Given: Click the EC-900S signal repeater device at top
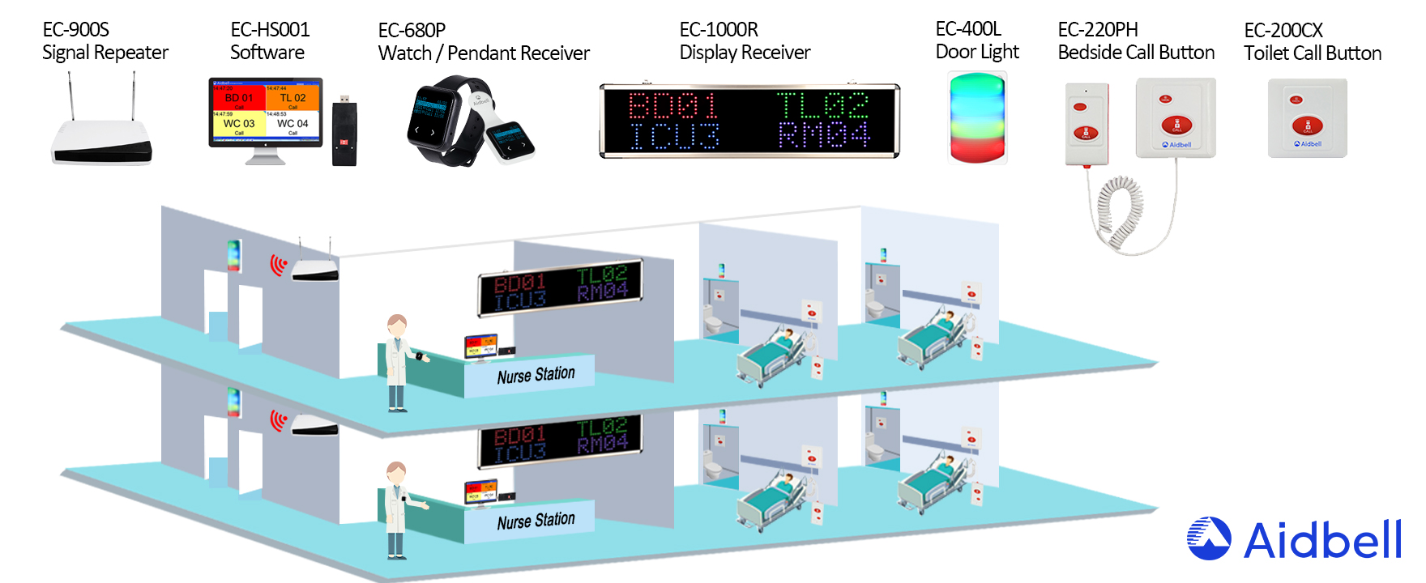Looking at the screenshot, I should pyautogui.click(x=102, y=138).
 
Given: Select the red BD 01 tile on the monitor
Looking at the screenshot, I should pyautogui.click(x=239, y=98).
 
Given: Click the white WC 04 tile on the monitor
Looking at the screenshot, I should pyautogui.click(x=292, y=124).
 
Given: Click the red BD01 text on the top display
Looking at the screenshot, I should pyautogui.click(x=673, y=105).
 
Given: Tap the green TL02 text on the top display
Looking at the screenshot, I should pyautogui.click(x=822, y=105).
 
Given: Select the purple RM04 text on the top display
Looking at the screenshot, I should pyautogui.click(x=823, y=135).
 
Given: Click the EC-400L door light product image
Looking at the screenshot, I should pyautogui.click(x=977, y=118).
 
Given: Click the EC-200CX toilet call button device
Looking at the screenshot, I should pyautogui.click(x=1307, y=118).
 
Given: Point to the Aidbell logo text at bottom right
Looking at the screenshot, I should pyautogui.click(x=1322, y=540).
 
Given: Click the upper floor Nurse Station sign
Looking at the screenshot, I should pyautogui.click(x=536, y=375).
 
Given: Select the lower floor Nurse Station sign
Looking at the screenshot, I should pyautogui.click(x=536, y=521).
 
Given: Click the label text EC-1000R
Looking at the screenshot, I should pyautogui.click(x=719, y=30).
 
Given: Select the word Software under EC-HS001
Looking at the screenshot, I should pyautogui.click(x=267, y=53).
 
